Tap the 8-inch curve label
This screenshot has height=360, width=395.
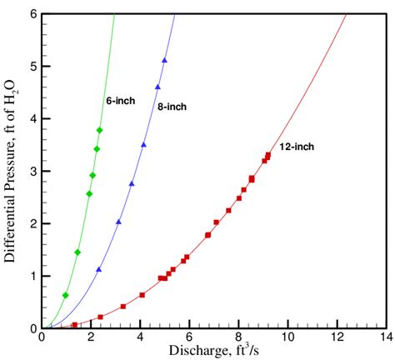[x=171, y=107]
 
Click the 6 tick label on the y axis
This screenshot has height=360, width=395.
[x=32, y=14]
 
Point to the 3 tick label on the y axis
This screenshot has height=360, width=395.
[x=32, y=171]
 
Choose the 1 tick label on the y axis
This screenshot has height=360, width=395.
[x=32, y=276]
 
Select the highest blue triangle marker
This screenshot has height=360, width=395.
[x=164, y=61]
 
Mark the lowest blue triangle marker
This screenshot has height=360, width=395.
[x=99, y=269]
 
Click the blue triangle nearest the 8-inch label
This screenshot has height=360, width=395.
[x=157, y=87]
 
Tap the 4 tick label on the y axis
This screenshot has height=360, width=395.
[x=32, y=118]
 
